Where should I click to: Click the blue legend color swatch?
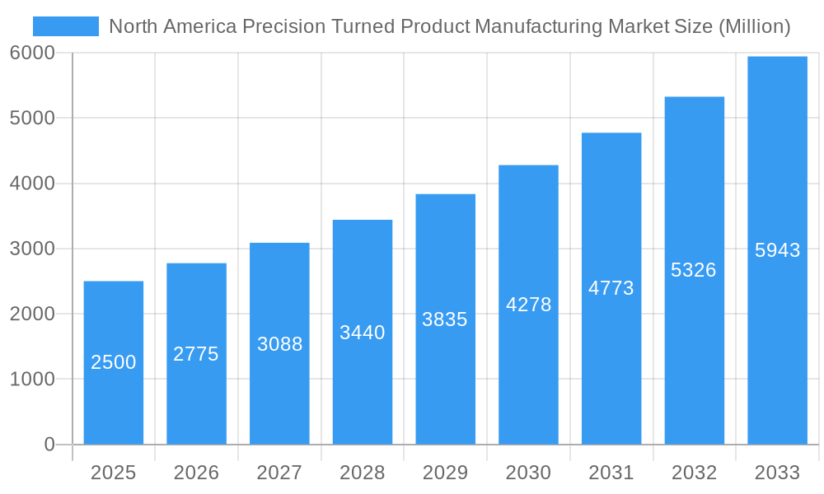(65, 26)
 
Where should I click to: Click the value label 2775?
(196, 354)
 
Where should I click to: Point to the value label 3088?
(279, 344)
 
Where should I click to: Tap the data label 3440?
(363, 333)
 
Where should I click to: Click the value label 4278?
(528, 305)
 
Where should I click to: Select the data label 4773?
(611, 288)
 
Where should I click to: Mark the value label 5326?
(694, 270)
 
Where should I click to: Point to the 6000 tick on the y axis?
(32, 53)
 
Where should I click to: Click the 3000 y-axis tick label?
(32, 249)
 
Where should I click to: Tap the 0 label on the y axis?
(49, 445)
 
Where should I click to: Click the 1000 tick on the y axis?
(32, 380)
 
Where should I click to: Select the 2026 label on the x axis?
(196, 473)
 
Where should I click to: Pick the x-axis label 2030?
(528, 473)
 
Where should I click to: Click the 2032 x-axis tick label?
(694, 473)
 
